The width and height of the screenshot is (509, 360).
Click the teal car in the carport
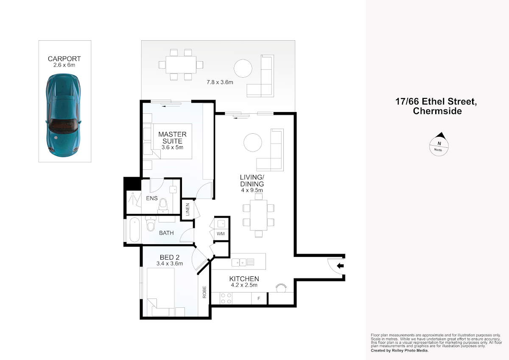[63, 115]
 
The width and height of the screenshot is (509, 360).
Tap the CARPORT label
[64, 59]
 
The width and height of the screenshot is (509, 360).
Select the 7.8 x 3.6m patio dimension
[220, 82]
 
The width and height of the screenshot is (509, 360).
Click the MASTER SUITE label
[173, 138]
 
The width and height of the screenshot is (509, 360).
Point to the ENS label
[152, 198]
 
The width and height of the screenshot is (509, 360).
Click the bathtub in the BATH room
[134, 230]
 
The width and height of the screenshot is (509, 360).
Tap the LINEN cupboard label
[187, 209]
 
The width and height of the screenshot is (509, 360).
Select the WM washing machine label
[221, 233]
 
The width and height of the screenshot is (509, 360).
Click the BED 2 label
[170, 257]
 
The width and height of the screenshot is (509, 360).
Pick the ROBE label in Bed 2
[204, 292]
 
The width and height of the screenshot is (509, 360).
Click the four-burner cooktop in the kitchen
[226, 298]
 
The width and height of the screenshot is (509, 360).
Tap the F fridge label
[259, 298]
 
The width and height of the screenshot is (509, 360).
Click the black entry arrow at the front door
[340, 266]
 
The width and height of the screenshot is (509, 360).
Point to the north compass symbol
[439, 145]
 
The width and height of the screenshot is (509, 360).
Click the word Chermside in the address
[437, 111]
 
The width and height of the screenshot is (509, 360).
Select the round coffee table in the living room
[253, 143]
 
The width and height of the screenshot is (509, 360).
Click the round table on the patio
[243, 68]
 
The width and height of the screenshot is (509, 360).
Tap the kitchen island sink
[239, 263]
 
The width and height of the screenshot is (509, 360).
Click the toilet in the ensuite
[163, 206]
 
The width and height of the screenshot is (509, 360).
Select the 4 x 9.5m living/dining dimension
[252, 190]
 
